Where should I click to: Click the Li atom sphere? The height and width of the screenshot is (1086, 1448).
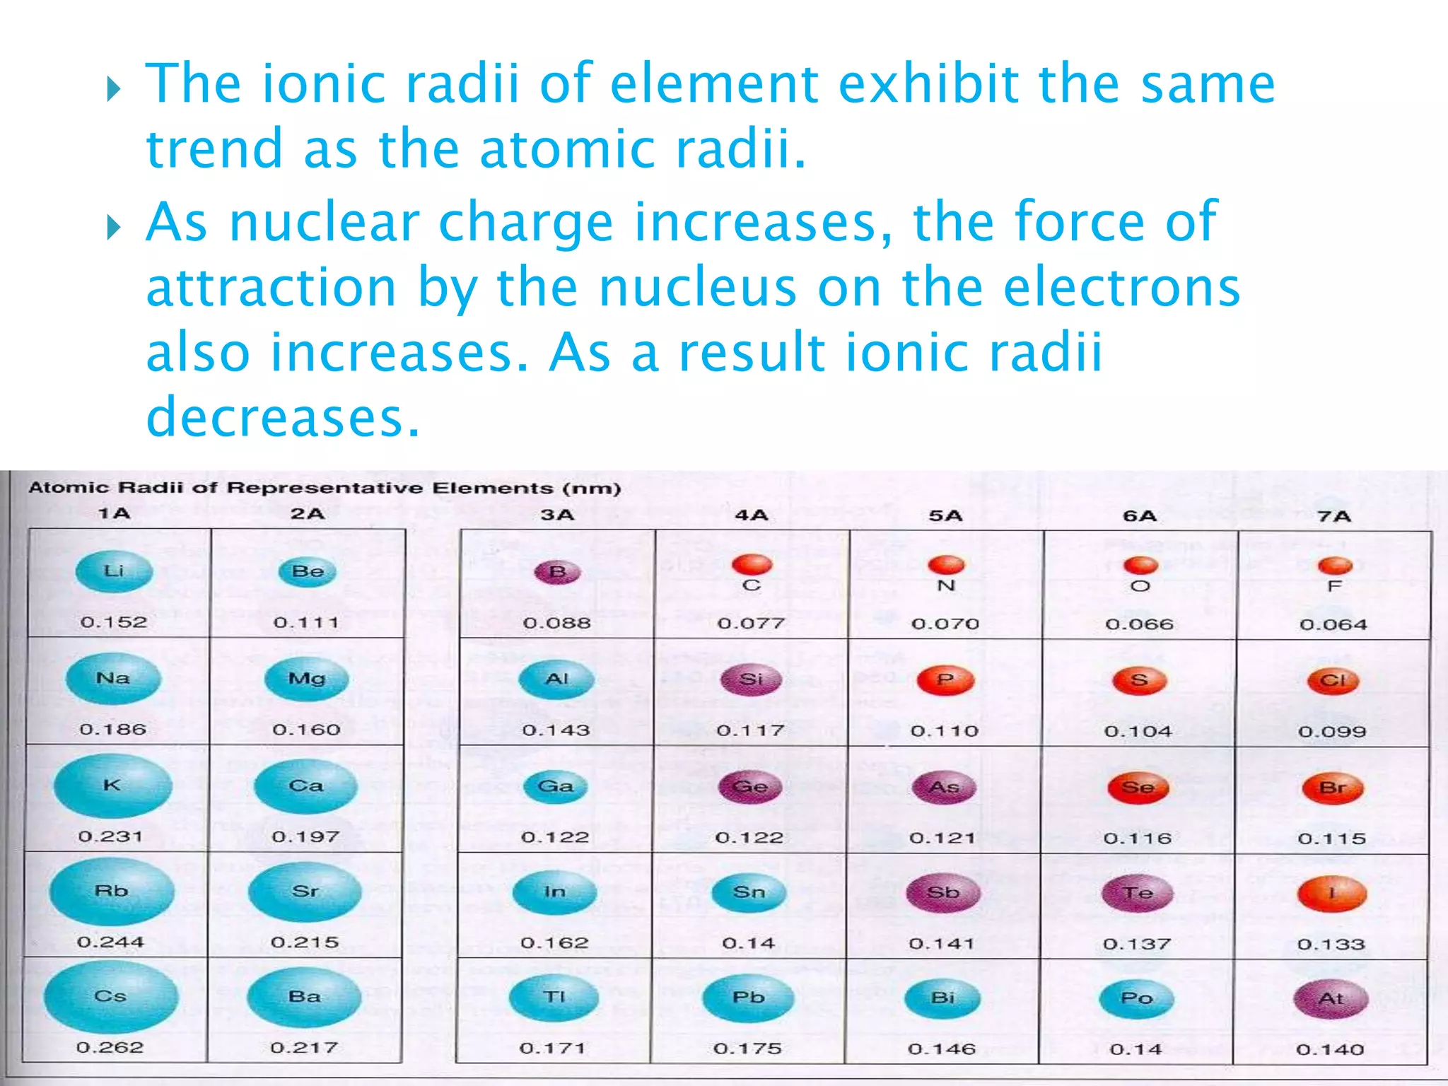(114, 571)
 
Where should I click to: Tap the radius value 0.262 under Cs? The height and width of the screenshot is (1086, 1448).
(110, 1047)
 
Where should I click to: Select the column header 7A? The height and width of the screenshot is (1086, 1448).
(1333, 516)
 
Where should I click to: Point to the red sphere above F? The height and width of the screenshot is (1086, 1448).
(1335, 566)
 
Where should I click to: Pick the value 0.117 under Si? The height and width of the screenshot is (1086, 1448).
(750, 730)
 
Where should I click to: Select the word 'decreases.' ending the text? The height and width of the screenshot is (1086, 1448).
(283, 417)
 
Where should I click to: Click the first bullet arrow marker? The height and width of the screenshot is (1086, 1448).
(114, 89)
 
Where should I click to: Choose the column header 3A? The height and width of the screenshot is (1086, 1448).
(557, 515)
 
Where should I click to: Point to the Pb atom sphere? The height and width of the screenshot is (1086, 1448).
(748, 998)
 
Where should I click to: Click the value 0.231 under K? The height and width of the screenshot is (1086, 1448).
(110, 836)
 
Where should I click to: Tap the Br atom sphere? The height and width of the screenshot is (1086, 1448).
(1332, 788)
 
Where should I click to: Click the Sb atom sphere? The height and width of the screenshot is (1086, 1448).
(943, 893)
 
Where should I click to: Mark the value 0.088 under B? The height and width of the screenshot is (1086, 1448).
(556, 623)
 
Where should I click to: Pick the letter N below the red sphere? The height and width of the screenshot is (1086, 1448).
(946, 585)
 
